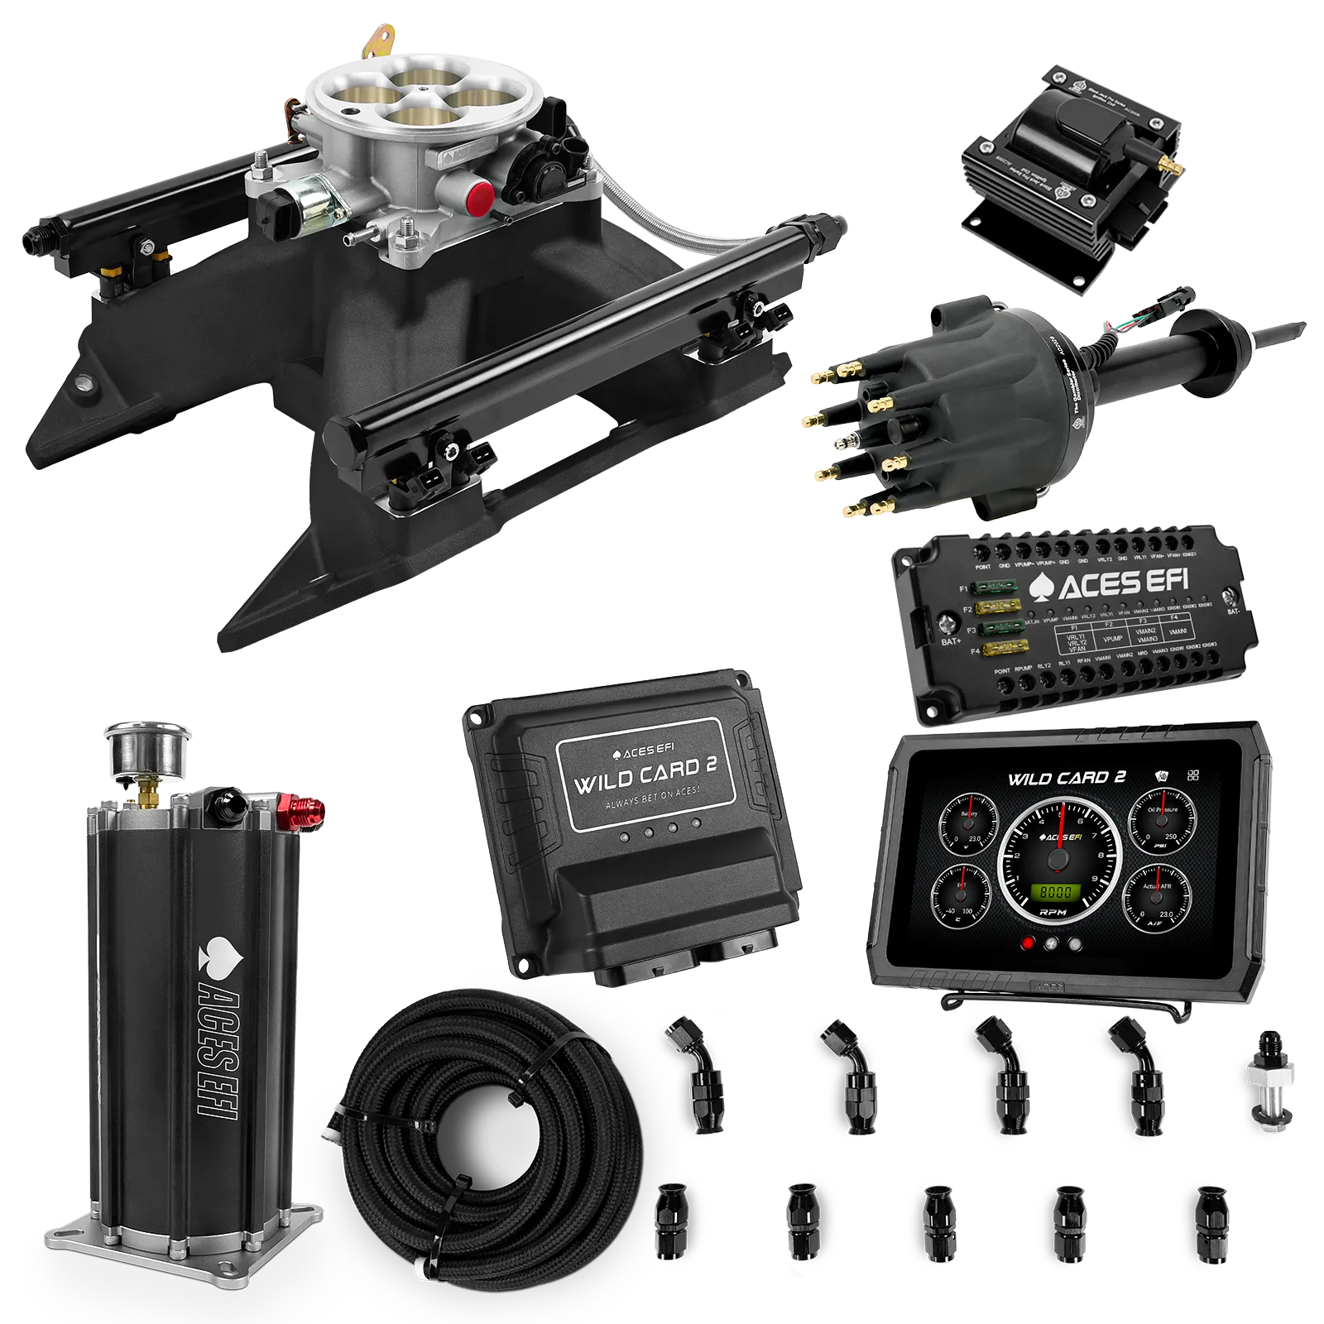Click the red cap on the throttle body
[479, 198]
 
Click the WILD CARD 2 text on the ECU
[645, 776]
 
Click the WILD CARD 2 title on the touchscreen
[1066, 778]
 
